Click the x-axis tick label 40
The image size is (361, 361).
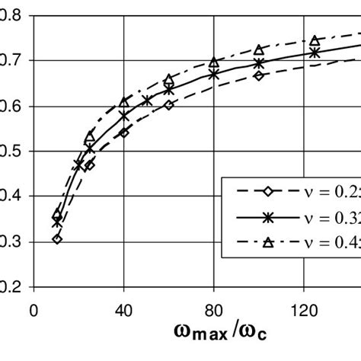(x=123, y=311)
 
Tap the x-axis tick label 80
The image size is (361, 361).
(x=214, y=311)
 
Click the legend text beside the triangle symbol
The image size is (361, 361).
(x=327, y=243)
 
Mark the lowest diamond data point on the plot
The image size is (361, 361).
(x=57, y=239)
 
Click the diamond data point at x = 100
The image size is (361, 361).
(x=259, y=75)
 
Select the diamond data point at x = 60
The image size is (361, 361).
(x=168, y=105)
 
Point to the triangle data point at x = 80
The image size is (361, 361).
(x=214, y=62)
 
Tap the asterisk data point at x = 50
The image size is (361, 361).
(x=146, y=101)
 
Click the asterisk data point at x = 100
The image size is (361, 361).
(x=259, y=63)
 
